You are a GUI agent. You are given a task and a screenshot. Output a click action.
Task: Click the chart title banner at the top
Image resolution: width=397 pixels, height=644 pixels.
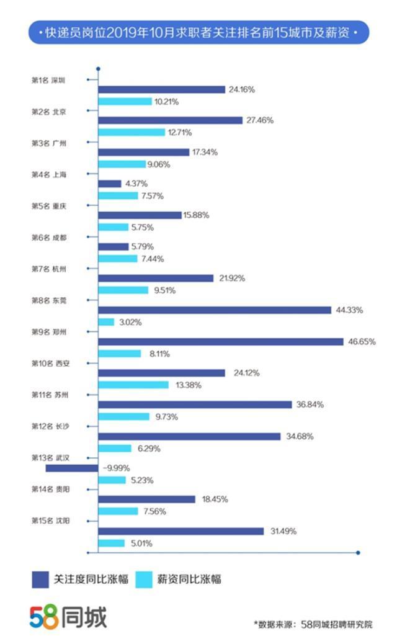(198, 32)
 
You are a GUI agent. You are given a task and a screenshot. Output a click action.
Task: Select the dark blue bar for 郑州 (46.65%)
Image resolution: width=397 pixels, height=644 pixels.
(220, 341)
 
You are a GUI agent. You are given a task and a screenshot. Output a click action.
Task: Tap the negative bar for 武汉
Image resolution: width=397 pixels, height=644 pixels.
(72, 468)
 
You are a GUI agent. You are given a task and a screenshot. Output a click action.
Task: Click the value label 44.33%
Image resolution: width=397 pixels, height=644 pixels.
(349, 310)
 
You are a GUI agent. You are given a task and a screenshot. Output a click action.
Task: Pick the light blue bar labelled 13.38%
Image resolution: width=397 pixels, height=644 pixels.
(133, 385)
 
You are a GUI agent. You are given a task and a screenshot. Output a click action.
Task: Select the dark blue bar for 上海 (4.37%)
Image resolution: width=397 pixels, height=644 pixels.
(110, 184)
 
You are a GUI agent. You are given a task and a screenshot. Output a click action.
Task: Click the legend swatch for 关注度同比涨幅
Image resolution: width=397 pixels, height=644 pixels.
(40, 579)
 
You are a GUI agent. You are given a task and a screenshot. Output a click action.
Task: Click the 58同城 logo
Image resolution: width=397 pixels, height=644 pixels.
(68, 617)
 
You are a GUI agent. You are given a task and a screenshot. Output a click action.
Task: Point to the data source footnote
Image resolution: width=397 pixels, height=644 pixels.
(313, 624)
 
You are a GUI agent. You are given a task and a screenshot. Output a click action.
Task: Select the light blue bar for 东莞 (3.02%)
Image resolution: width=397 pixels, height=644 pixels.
(107, 322)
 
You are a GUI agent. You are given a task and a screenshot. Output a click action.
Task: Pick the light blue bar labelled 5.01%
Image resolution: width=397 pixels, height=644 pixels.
(112, 543)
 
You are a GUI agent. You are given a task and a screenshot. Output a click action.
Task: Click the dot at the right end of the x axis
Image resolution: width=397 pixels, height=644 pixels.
(358, 553)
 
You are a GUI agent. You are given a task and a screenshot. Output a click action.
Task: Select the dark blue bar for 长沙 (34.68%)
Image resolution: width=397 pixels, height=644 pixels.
(189, 436)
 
